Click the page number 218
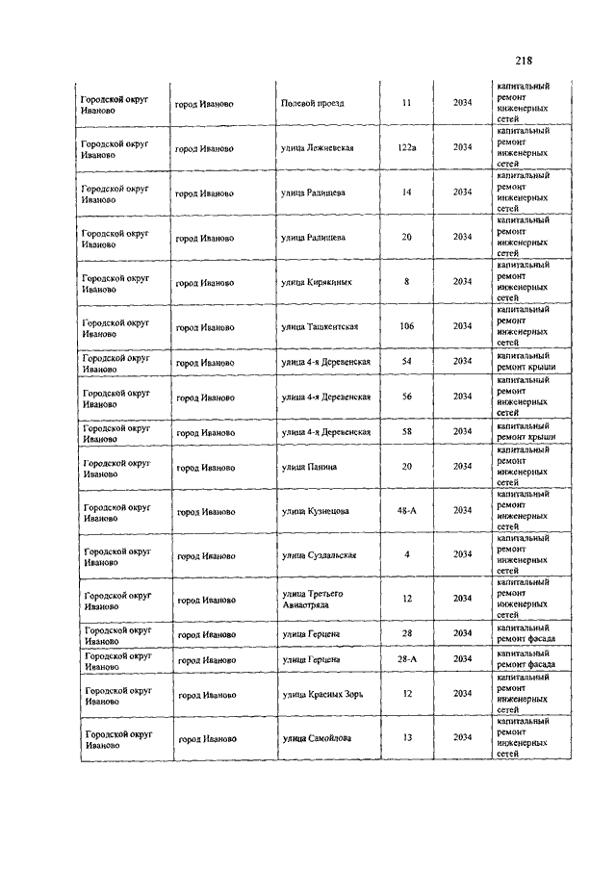[524, 60]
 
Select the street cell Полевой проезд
[312, 103]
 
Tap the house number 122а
[406, 147]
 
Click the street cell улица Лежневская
[318, 147]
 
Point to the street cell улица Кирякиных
[316, 282]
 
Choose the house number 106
[406, 326]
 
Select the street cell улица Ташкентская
[320, 326]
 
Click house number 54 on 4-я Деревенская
[406, 361]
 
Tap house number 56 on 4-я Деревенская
[406, 397]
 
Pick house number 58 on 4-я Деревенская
[406, 432]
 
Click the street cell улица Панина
[309, 467]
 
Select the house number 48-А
[406, 510]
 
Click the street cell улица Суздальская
[319, 554]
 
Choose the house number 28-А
[406, 659]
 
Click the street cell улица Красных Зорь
[321, 694]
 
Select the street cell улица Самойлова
[316, 738]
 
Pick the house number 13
[406, 738]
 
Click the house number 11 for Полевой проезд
[406, 103]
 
